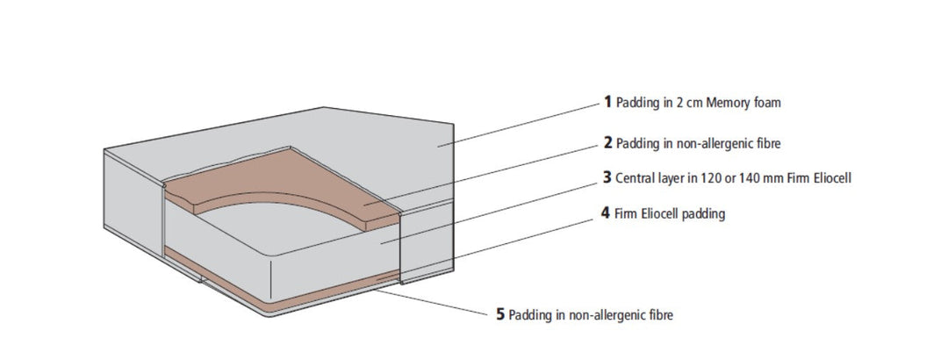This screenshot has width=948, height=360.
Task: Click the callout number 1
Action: click(x=607, y=102)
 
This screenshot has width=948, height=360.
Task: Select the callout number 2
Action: click(x=607, y=140)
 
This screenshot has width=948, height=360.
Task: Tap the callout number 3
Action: click(x=607, y=177)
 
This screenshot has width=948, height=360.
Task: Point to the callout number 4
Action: click(x=607, y=213)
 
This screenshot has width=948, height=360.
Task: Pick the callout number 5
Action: click(x=500, y=313)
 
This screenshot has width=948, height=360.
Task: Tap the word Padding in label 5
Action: click(x=529, y=314)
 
